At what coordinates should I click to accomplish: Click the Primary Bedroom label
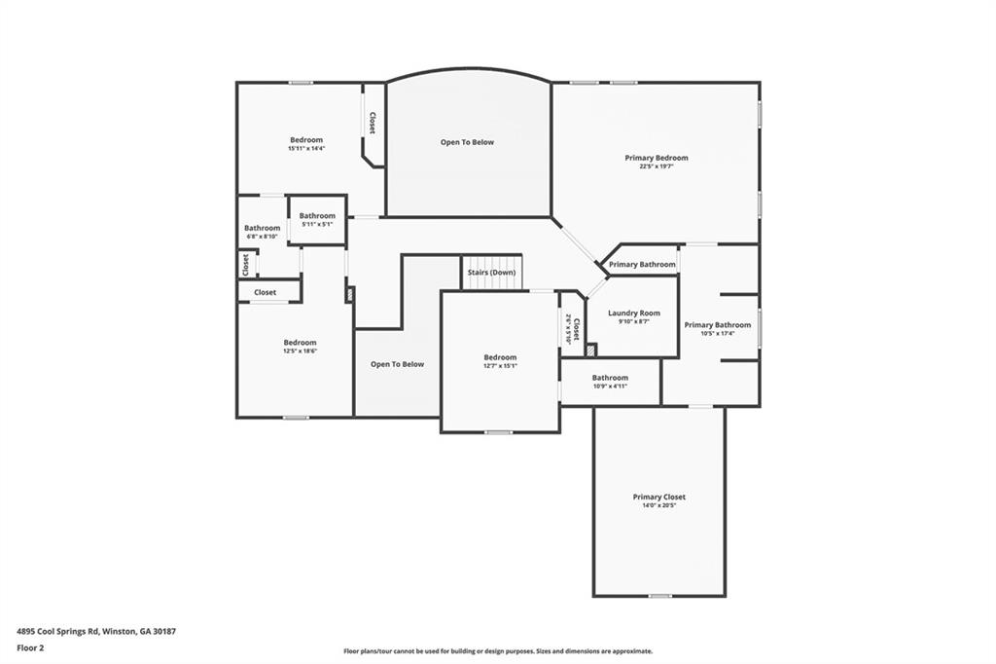click(656, 158)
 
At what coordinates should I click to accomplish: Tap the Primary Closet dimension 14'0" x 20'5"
click(659, 506)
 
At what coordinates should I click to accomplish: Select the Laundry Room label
click(633, 314)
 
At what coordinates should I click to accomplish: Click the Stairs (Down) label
click(491, 273)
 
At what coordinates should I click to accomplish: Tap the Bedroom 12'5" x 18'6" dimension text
click(300, 351)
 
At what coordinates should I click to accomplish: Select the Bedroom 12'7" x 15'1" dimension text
click(500, 366)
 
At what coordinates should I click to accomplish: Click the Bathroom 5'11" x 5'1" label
click(317, 216)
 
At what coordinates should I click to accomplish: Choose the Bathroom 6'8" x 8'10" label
click(262, 228)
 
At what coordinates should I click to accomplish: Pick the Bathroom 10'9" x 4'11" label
click(610, 378)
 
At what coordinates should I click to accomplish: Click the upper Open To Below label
click(467, 142)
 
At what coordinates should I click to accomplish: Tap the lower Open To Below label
click(397, 364)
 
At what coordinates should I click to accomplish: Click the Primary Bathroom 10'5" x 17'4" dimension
click(717, 334)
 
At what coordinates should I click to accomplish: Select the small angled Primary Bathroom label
click(642, 265)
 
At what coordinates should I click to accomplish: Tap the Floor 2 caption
click(31, 647)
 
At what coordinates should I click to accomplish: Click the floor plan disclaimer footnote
click(497, 651)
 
